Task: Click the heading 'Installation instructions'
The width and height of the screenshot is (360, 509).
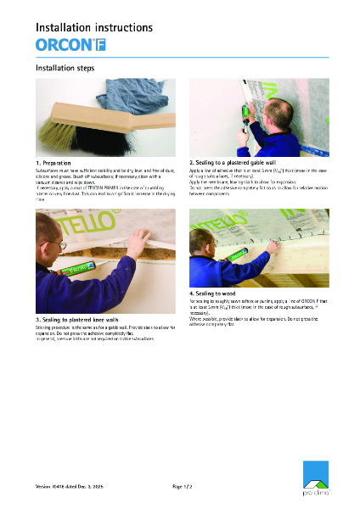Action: (x=93, y=27)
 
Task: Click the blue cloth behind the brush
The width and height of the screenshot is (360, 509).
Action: (x=110, y=96)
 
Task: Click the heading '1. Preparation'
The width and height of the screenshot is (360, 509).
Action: (x=53, y=162)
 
